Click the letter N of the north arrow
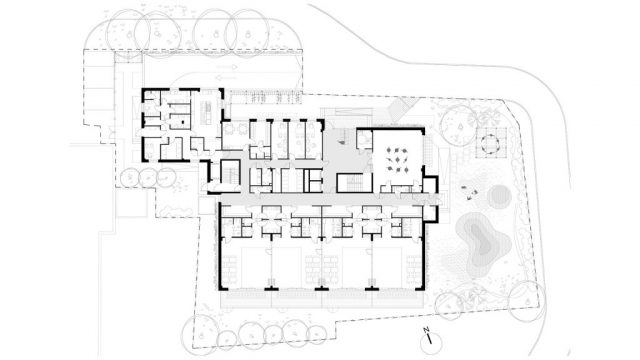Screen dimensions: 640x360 426,329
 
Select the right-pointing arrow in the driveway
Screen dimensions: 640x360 227,67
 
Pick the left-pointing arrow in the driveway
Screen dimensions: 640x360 227,78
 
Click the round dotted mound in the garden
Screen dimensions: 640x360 500,197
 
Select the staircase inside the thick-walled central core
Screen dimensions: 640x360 354,182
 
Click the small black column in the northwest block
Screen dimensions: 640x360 183,121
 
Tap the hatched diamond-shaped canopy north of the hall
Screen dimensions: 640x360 400,107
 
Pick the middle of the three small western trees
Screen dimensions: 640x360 148,178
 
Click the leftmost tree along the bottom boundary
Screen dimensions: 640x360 200,332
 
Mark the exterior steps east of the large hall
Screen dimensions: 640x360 429,149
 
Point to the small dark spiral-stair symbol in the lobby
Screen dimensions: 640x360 342,141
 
